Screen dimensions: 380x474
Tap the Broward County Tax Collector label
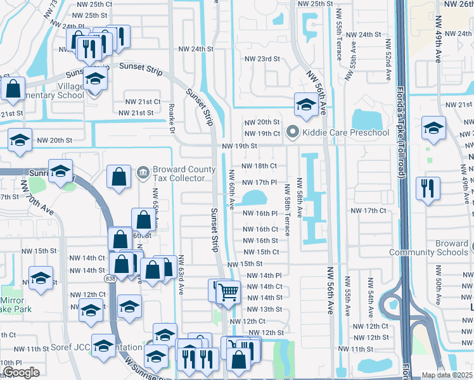point(179,174)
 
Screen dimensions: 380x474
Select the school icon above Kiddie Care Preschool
point(305,105)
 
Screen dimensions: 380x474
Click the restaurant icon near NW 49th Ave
point(428,187)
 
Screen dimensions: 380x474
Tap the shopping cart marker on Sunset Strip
point(228,291)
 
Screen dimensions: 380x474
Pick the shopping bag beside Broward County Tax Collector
point(119,177)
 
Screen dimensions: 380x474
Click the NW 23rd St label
point(263,59)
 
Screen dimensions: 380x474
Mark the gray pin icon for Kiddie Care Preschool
point(292,132)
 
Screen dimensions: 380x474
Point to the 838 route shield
point(111,261)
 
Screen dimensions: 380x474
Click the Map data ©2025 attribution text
point(447,375)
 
